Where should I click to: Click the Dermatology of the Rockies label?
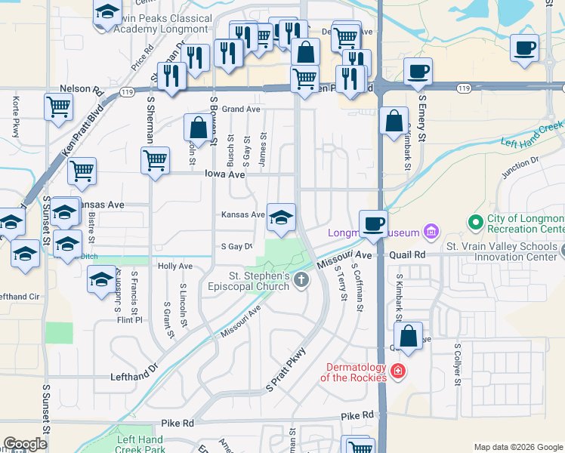353,372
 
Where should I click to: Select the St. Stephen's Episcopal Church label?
249,281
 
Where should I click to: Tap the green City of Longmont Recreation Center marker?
475,223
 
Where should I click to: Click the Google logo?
25,444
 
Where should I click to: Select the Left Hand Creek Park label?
140,445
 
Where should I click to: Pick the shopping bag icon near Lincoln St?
197,128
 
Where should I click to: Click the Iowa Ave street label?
225,174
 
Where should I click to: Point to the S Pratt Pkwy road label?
286,370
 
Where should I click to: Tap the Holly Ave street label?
175,266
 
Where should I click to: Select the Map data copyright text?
517,446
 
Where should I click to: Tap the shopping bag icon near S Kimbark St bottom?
408,337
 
